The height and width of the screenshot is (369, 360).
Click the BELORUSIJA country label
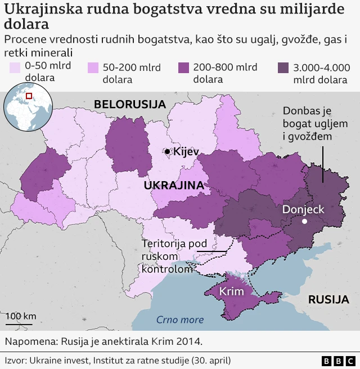[130, 104]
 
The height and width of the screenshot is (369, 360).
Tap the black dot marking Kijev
[168, 151]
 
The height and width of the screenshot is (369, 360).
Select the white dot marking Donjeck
[304, 222]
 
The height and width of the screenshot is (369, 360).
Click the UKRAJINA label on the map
[174, 185]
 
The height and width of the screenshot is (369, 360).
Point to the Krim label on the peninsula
[231, 292]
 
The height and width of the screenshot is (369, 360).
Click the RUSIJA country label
[328, 300]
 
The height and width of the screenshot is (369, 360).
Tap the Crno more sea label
[180, 320]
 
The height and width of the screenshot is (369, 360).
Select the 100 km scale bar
[21, 322]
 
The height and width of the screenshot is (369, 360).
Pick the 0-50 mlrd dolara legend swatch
[15, 67]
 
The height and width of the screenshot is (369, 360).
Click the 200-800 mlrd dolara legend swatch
[183, 67]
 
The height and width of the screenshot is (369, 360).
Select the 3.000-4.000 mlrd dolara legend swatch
[284, 67]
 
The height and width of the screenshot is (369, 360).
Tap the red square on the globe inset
[29, 96]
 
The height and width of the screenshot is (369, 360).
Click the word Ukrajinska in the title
[39, 10]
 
